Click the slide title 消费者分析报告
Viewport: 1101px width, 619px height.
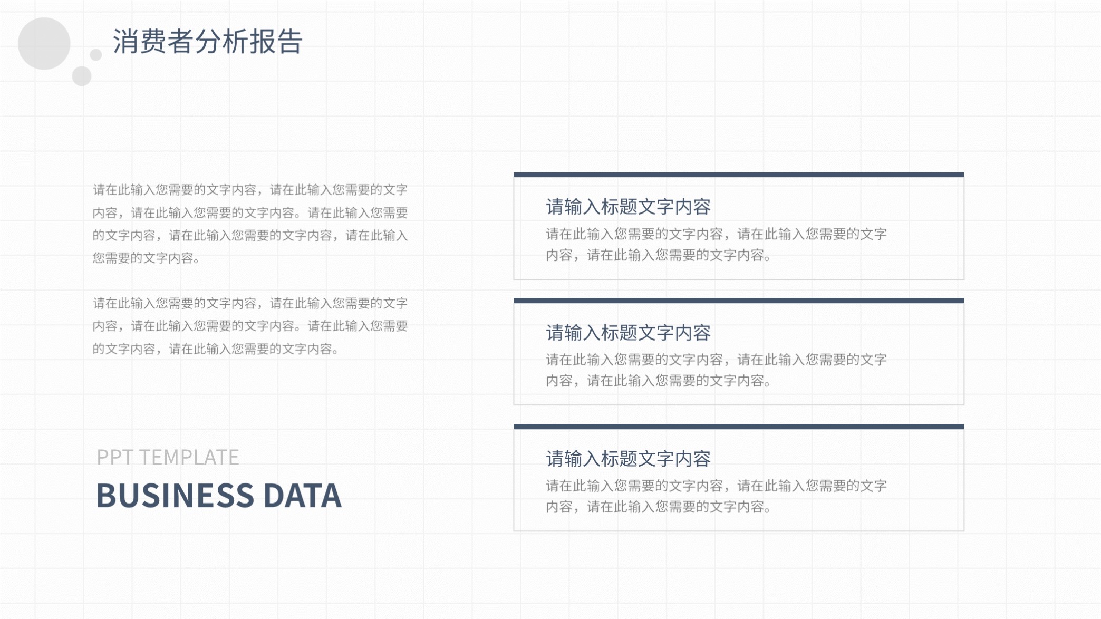pyautogui.click(x=207, y=42)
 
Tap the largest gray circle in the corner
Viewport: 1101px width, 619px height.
pyautogui.click(x=44, y=43)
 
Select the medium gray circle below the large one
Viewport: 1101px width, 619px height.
pyautogui.click(x=82, y=76)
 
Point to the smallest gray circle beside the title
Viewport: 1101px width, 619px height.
pyautogui.click(x=95, y=55)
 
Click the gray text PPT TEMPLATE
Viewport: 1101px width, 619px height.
pyautogui.click(x=168, y=457)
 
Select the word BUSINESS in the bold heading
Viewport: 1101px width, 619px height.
pyautogui.click(x=175, y=496)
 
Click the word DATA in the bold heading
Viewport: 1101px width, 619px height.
pyautogui.click(x=302, y=496)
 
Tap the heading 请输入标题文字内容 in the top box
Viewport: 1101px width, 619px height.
pyautogui.click(x=628, y=207)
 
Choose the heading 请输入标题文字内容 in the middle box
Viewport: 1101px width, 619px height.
pyautogui.click(x=628, y=333)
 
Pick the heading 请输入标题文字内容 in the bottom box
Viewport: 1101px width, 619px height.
pyautogui.click(x=628, y=459)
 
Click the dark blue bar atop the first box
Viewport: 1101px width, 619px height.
pyautogui.click(x=739, y=175)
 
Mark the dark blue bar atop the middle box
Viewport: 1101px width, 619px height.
pyautogui.click(x=739, y=301)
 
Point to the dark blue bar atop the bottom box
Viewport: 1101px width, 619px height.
pyautogui.click(x=739, y=427)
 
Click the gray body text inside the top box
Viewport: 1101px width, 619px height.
pyautogui.click(x=716, y=245)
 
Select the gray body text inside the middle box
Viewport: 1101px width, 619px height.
pyautogui.click(x=716, y=370)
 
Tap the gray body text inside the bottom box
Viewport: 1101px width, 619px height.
pyautogui.click(x=716, y=496)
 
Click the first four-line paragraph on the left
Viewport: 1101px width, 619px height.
pyautogui.click(x=250, y=224)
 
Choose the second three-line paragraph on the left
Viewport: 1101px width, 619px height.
pyautogui.click(x=250, y=326)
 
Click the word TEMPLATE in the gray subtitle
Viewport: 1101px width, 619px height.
pyautogui.click(x=189, y=457)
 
